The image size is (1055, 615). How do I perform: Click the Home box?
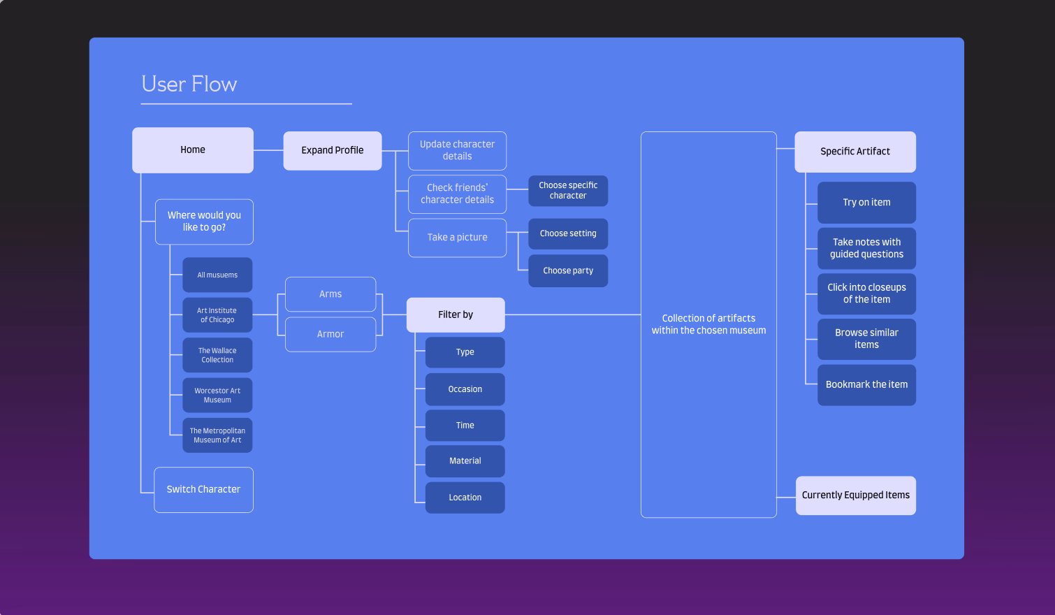pos(193,150)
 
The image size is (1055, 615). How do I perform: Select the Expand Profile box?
pos(333,150)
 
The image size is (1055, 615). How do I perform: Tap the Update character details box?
pos(457,150)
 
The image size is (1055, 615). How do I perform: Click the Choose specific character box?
pos(568,191)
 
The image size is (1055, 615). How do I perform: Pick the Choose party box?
pos(568,270)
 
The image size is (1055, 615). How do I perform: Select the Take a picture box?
pos(457,238)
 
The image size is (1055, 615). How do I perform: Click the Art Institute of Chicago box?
pos(217,315)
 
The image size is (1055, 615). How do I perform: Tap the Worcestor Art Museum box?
pos(217,396)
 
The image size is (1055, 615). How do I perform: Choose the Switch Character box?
pos(203,489)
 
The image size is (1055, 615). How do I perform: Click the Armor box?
pos(330,334)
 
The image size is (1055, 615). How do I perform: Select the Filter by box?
pos(456,314)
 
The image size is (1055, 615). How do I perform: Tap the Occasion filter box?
pos(465,389)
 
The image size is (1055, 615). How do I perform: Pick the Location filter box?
pos(465,498)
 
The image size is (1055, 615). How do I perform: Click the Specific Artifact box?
pos(855,152)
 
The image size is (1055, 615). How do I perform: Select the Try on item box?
pos(866,203)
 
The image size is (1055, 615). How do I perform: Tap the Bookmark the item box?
pos(866,384)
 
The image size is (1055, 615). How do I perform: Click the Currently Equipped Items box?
pos(855,495)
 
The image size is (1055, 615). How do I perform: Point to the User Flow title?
pos(189,84)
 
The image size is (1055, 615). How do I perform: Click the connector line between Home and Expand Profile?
pos(268,150)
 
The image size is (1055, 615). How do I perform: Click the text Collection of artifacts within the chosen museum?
pos(708,324)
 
